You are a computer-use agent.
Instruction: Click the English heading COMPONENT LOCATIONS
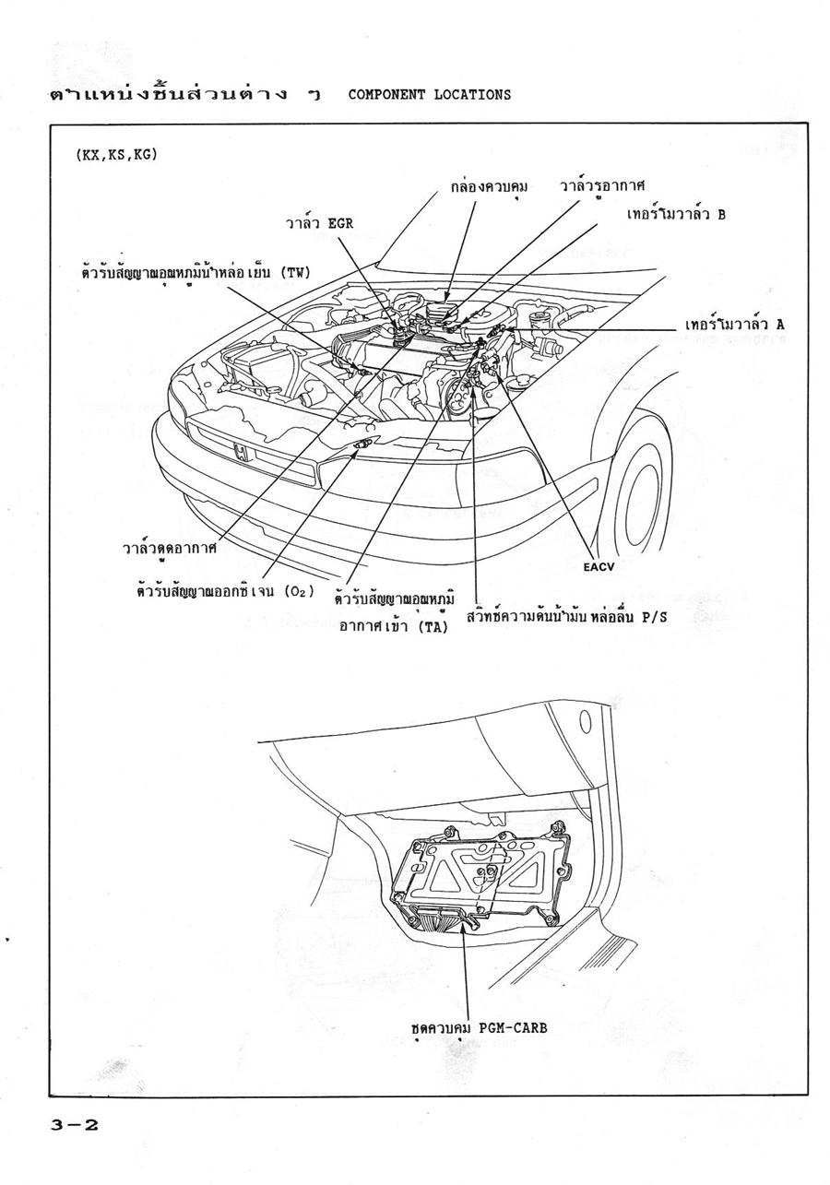coord(430,94)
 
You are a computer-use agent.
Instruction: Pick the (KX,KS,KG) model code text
coord(116,155)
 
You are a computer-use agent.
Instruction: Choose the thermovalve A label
coord(734,326)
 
